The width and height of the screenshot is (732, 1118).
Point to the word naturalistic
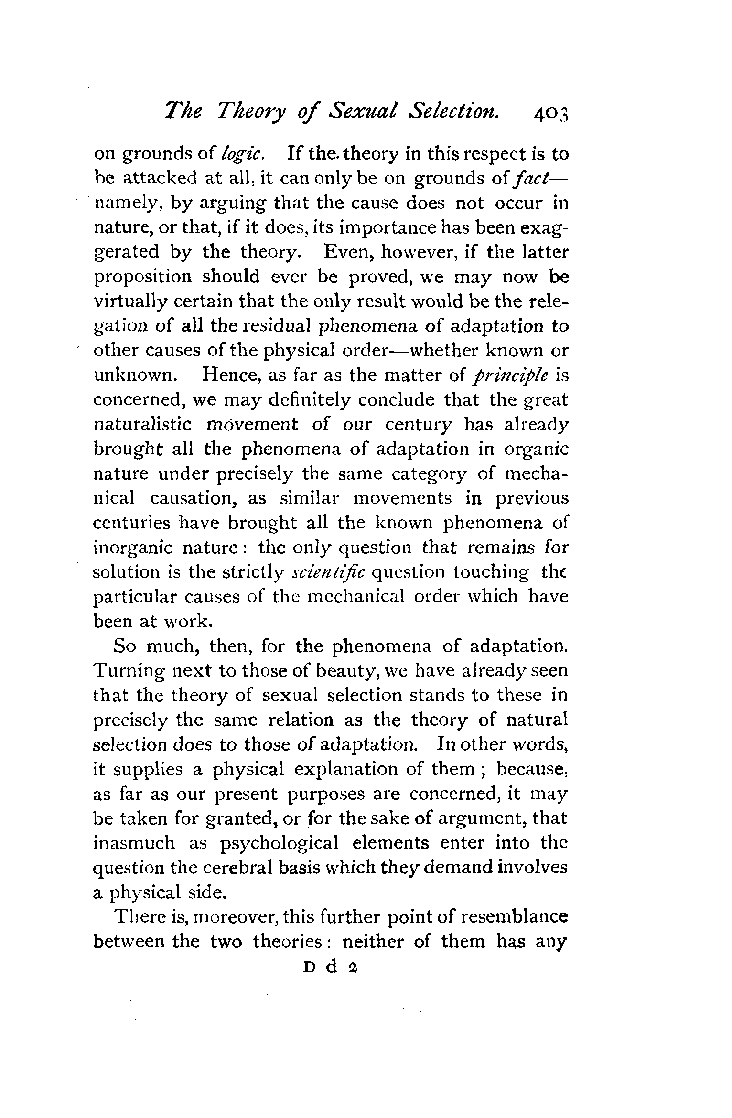pos(142,424)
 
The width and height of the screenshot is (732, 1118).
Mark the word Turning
pos(129,671)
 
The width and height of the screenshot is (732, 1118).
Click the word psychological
pos(279,844)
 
